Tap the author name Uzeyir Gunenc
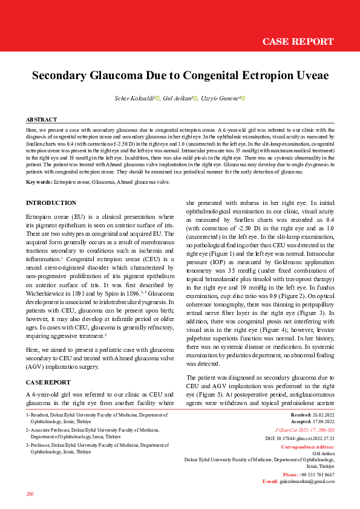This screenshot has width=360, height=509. click(x=220, y=98)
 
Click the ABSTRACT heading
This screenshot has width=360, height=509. click(x=42, y=120)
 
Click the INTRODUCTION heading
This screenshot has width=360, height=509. click(x=51, y=203)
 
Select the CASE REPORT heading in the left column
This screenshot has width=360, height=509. click(x=48, y=382)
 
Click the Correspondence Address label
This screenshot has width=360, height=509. click(x=307, y=447)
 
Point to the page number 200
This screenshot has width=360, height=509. click(x=30, y=494)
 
